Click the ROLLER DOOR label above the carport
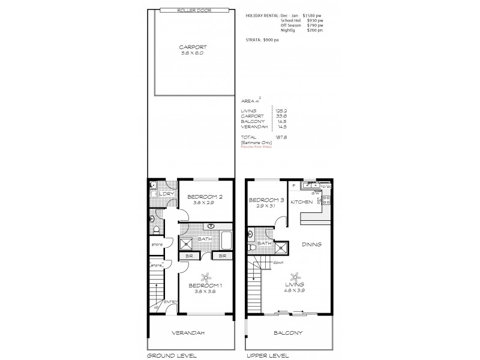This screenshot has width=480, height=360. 191,11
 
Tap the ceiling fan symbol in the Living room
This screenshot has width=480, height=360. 295,276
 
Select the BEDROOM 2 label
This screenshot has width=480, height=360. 205,197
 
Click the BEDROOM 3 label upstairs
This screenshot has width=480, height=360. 266,200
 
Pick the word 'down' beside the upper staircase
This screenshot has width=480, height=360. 278,263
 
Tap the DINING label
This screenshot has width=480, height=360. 312,244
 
